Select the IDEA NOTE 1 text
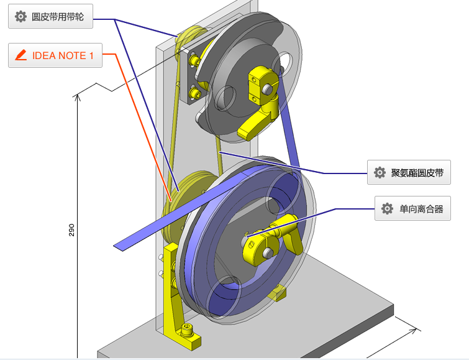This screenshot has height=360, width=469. point(63,55)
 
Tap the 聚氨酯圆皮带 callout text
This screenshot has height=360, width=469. point(417,173)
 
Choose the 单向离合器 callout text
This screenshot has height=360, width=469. point(421,209)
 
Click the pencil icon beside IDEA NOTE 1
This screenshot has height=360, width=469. point(20,55)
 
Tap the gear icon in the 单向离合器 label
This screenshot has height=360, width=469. point(388,209)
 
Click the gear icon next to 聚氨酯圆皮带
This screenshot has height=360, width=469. point(380,173)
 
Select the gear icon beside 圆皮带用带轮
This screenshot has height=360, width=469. point(20,17)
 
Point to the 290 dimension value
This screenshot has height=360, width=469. point(71,230)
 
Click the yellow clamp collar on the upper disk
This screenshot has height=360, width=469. point(260,81)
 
